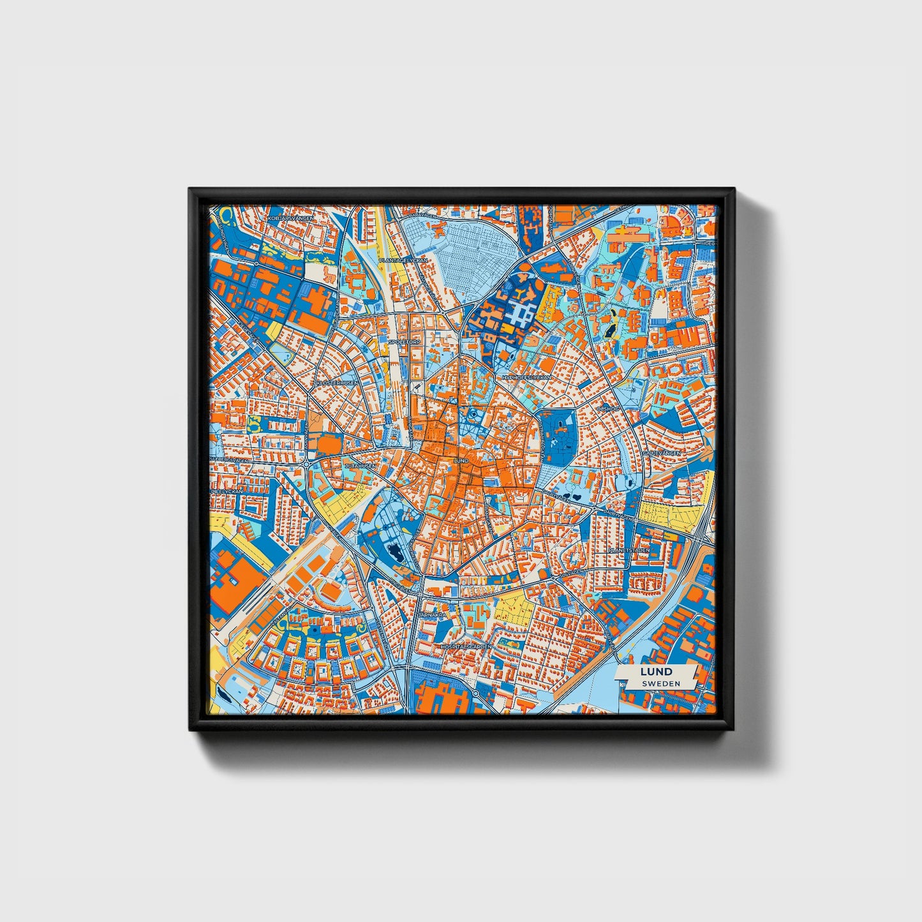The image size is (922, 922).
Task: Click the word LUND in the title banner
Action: coord(657,671)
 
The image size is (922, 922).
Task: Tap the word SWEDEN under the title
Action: coord(660,683)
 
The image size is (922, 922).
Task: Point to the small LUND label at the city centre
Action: coord(459,460)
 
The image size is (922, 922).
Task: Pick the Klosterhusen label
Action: coord(336,383)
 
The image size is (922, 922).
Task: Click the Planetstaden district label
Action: coord(628,549)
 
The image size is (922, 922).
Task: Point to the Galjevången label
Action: coord(662,452)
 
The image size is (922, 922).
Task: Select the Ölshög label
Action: coord(606,406)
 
